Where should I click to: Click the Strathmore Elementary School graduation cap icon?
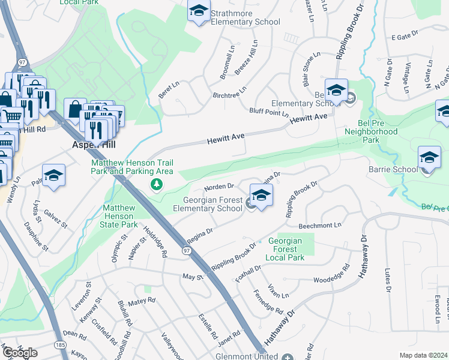click(199, 11)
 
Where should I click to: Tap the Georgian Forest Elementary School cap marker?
click(261, 196)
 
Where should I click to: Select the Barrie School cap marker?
click(429, 158)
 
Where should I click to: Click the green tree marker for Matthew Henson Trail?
click(156, 184)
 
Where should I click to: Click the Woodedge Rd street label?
click(331, 279)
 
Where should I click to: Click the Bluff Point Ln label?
click(269, 112)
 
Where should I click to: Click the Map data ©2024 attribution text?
click(423, 355)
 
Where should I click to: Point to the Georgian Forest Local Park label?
click(287, 249)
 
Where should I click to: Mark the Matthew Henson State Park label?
click(121, 216)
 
